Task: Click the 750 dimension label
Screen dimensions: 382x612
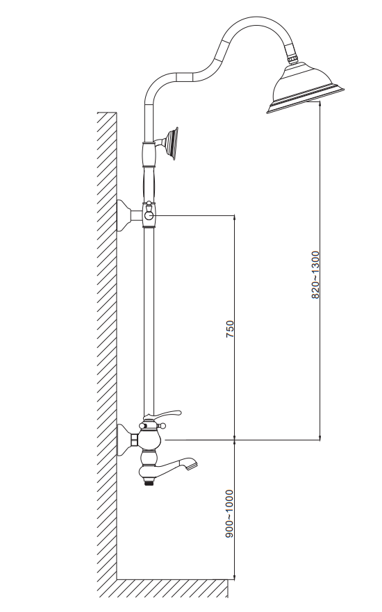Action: click(x=230, y=329)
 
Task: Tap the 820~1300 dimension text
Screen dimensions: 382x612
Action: click(x=315, y=275)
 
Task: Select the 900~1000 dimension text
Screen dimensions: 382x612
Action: click(x=230, y=514)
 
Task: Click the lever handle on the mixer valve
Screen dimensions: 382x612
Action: click(x=164, y=415)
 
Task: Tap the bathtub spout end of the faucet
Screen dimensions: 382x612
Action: click(x=190, y=465)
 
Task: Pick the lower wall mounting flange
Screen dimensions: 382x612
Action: click(x=124, y=440)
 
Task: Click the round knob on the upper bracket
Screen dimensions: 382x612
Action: click(x=149, y=215)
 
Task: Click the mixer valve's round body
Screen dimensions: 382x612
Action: click(x=151, y=439)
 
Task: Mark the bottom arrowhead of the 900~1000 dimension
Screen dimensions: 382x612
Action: click(x=235, y=575)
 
